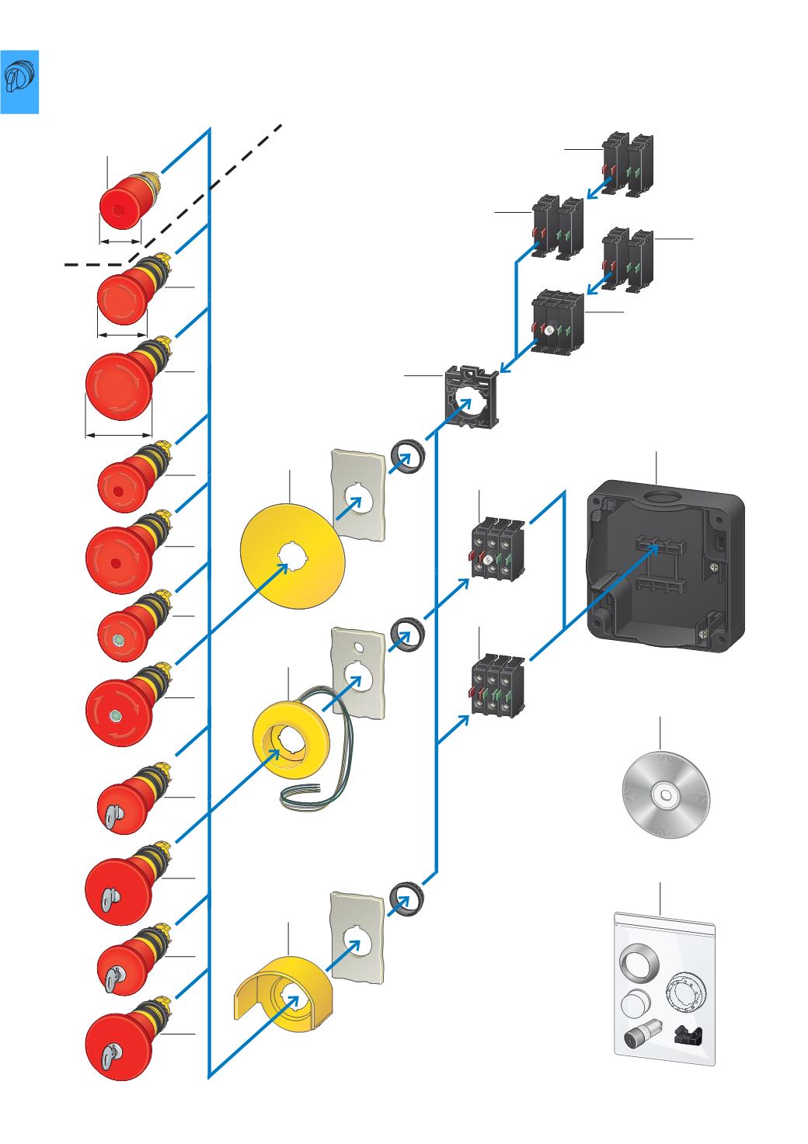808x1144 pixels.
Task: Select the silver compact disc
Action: pos(666,795)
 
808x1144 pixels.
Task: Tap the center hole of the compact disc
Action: pos(666,795)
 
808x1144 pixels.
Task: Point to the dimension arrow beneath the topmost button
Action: pos(120,242)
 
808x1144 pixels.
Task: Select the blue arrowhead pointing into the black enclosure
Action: pos(656,548)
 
